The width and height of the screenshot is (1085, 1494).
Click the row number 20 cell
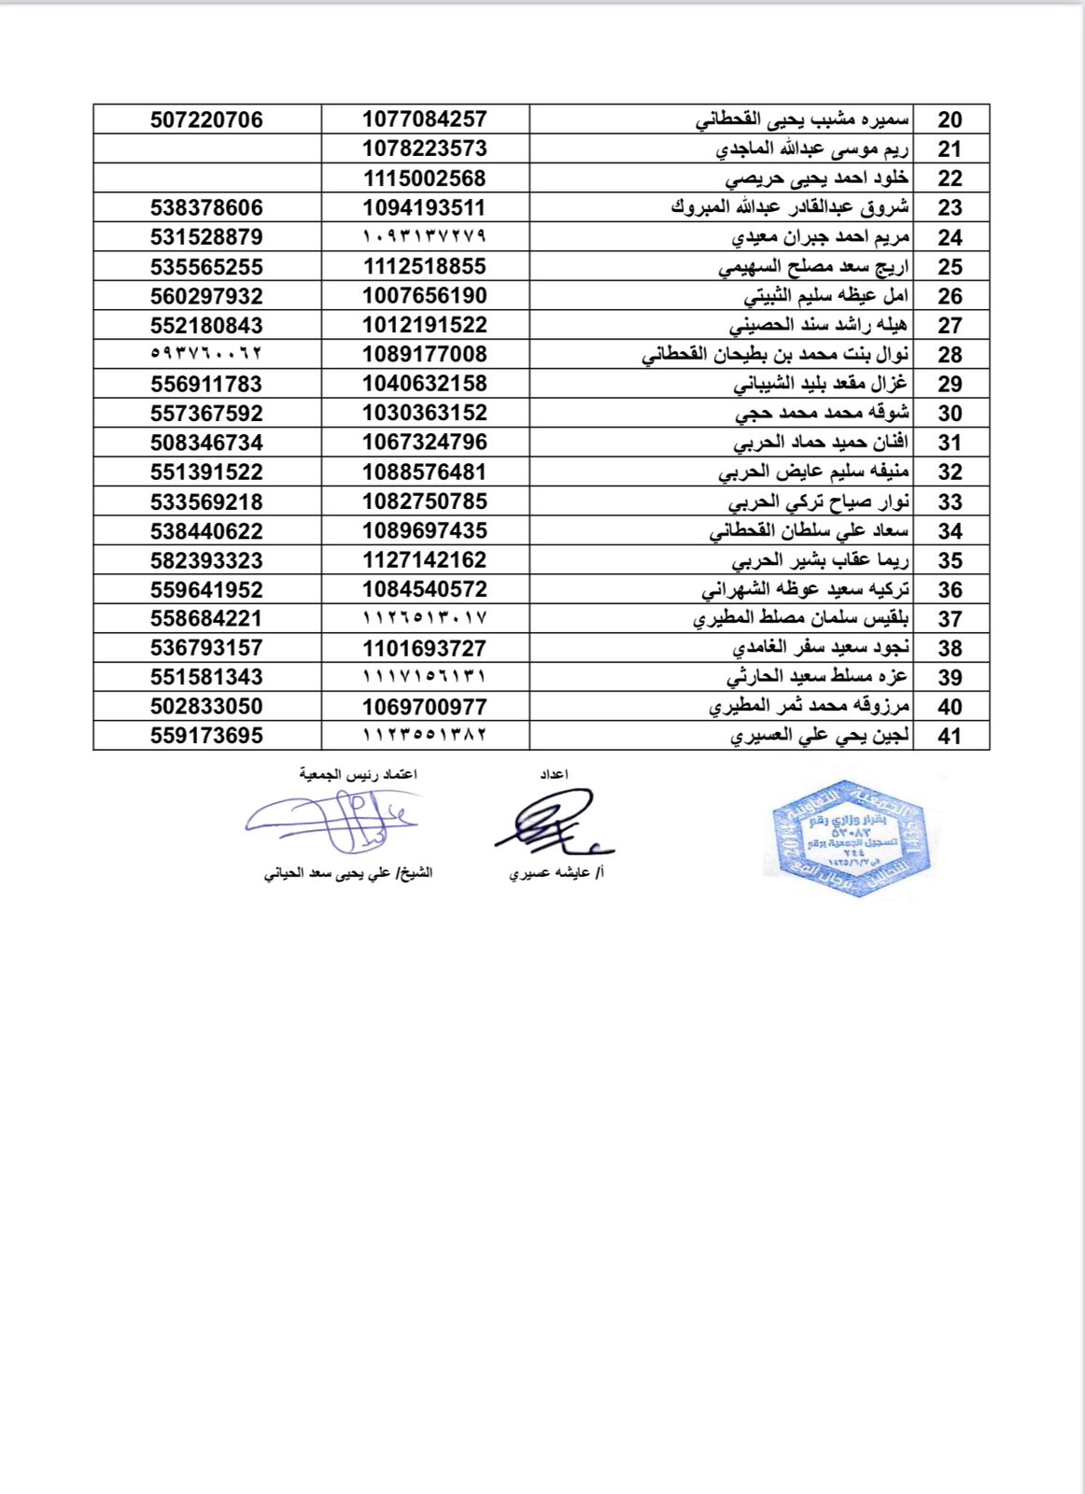(x=950, y=120)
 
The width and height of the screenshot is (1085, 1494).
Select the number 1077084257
(x=425, y=119)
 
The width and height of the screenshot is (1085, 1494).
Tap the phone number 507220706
(x=206, y=120)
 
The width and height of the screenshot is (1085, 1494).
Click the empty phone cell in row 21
(x=207, y=148)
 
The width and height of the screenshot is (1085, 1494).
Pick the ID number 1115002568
(x=425, y=177)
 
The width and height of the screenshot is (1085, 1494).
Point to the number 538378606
(x=206, y=207)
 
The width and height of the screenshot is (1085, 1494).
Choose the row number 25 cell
(x=950, y=266)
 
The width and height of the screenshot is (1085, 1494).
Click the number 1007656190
(x=425, y=295)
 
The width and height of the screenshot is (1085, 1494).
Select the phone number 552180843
(x=206, y=325)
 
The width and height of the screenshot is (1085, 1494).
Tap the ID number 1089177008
(x=425, y=354)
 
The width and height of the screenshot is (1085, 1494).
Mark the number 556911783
(x=206, y=384)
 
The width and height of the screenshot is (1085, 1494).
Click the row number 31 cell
(x=950, y=443)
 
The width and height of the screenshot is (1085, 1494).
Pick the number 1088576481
(x=425, y=472)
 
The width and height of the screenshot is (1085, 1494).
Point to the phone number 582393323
(x=206, y=560)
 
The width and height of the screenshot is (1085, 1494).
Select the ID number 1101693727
(x=425, y=648)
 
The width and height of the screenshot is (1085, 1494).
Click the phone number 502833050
(x=206, y=706)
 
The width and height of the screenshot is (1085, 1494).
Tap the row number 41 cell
(x=950, y=736)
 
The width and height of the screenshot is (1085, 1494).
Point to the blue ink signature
(x=331, y=820)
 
